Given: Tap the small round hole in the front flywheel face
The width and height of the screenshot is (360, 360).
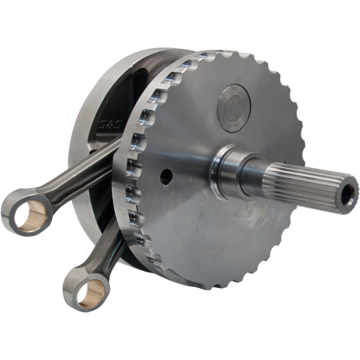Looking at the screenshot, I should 166,176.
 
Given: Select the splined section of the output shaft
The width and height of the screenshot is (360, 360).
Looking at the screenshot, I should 300,183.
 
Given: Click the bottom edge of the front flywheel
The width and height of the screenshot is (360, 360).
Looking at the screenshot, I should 210,287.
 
